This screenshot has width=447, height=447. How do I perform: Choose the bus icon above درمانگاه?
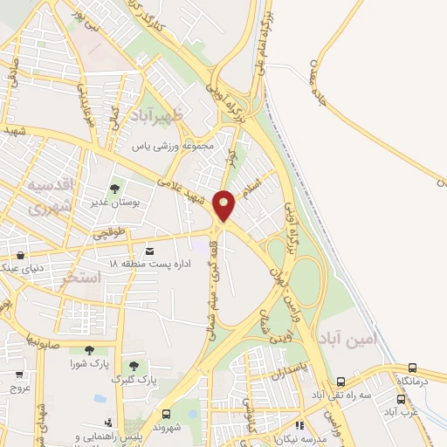coord(413,368)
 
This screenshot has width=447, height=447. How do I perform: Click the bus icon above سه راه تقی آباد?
coord(340,381)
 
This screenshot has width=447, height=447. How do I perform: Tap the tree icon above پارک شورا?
coord(88,350)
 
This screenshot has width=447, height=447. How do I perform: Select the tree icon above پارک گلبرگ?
coord(133,366)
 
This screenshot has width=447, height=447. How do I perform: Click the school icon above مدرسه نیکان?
coord(299,425)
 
